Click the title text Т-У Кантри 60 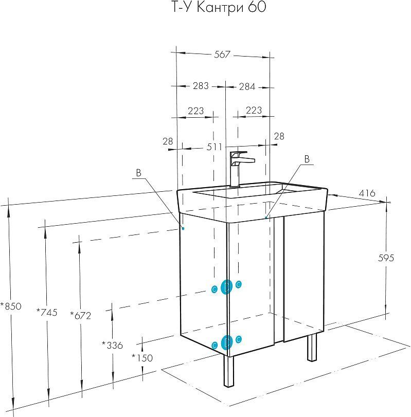click(218, 7)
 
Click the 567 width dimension click(222, 55)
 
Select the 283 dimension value click(201, 86)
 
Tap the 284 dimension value click(247, 86)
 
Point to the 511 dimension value click(214, 147)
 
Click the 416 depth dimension click(367, 193)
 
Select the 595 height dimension click(386, 258)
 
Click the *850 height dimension click(11, 306)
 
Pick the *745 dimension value click(47, 312)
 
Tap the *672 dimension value click(81, 315)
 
